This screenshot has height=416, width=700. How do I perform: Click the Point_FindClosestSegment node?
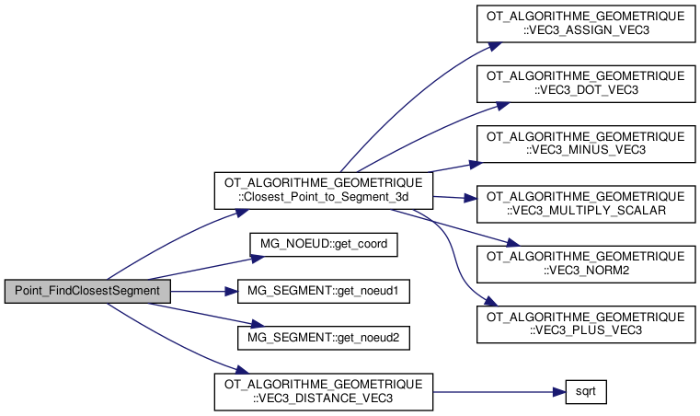pos(88,291)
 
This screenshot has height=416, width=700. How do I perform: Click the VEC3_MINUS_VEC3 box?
pos(586,143)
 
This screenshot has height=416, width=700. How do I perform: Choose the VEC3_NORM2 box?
pos(586,261)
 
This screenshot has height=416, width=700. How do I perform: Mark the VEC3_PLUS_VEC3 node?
pos(586,320)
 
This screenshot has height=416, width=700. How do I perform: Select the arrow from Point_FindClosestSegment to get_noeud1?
pos(202,291)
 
